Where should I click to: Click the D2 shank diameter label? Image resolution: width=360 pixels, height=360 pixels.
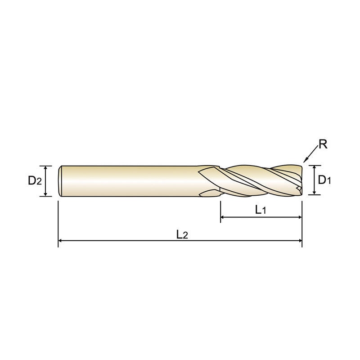35,181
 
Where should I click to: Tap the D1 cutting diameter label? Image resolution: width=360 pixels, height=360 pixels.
324,180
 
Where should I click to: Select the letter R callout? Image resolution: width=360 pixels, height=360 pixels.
322,145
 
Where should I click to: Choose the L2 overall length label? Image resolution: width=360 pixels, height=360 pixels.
182,234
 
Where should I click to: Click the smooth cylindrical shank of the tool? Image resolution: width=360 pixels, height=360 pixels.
130,181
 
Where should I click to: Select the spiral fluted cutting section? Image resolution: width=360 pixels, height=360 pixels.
256,181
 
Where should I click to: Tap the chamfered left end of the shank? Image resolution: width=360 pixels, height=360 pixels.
60,181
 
